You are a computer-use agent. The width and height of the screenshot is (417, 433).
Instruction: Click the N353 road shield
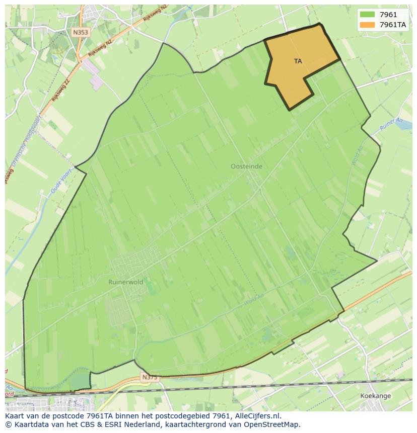pyautogui.click(x=80, y=32)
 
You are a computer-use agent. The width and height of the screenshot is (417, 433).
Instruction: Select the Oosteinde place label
pyautogui.click(x=246, y=166)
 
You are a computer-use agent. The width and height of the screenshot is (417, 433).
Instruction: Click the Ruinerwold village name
pyautogui.click(x=125, y=282)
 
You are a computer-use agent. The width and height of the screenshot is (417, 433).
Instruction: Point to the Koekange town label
pyautogui.click(x=376, y=396)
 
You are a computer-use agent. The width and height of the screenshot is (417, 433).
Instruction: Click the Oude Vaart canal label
pyautogui.click(x=59, y=182)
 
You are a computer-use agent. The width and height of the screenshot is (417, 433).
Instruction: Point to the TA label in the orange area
pyautogui.click(x=298, y=61)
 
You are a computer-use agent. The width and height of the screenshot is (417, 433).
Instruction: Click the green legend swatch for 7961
pyautogui.click(x=368, y=15)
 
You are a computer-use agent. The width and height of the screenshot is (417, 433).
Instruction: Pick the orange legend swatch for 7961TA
pyautogui.click(x=368, y=24)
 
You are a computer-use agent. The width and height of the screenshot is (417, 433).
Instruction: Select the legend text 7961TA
pyautogui.click(x=393, y=24)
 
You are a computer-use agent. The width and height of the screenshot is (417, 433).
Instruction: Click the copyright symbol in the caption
pyautogui.click(x=8, y=424)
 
